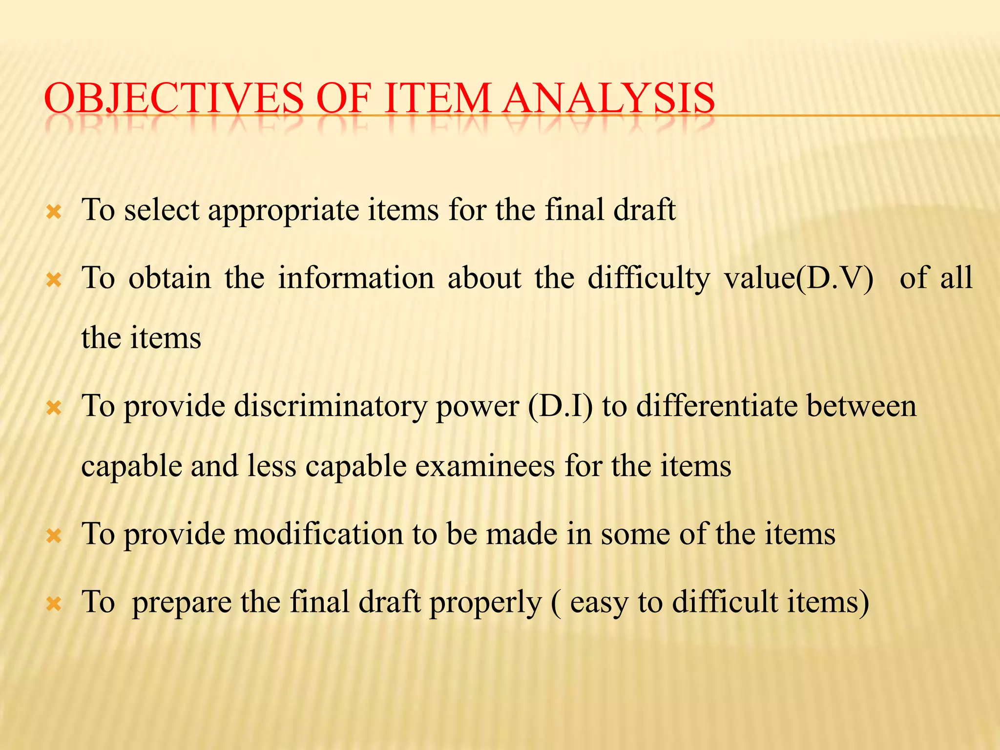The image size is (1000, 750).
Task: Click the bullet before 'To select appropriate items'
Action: click(53, 212)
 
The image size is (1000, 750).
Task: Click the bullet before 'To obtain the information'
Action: click(53, 280)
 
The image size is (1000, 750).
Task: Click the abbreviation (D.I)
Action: click(560, 406)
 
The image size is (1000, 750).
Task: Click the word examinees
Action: click(485, 466)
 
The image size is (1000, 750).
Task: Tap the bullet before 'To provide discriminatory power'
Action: click(53, 408)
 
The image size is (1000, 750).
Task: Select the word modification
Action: click(318, 534)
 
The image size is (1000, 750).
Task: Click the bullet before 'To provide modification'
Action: click(53, 537)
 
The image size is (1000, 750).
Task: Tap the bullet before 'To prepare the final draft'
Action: click(53, 604)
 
